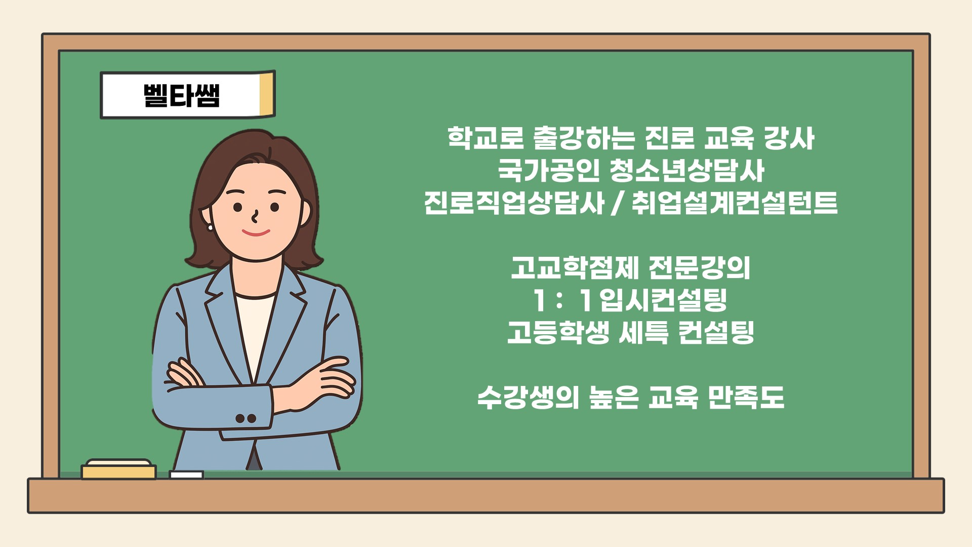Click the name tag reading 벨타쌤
point(188,95)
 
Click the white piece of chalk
point(186,475)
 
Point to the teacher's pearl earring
point(210,227)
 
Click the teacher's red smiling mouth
point(256,233)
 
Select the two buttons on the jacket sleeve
point(246,418)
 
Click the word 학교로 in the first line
point(485,138)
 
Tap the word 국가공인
point(548,170)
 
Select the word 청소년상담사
point(687,170)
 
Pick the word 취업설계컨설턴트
point(735,203)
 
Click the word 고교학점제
point(575,268)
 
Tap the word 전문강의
point(699,268)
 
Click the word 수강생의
point(528,398)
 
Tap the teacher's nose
point(255,217)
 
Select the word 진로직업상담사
point(514,203)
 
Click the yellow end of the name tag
point(267,95)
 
